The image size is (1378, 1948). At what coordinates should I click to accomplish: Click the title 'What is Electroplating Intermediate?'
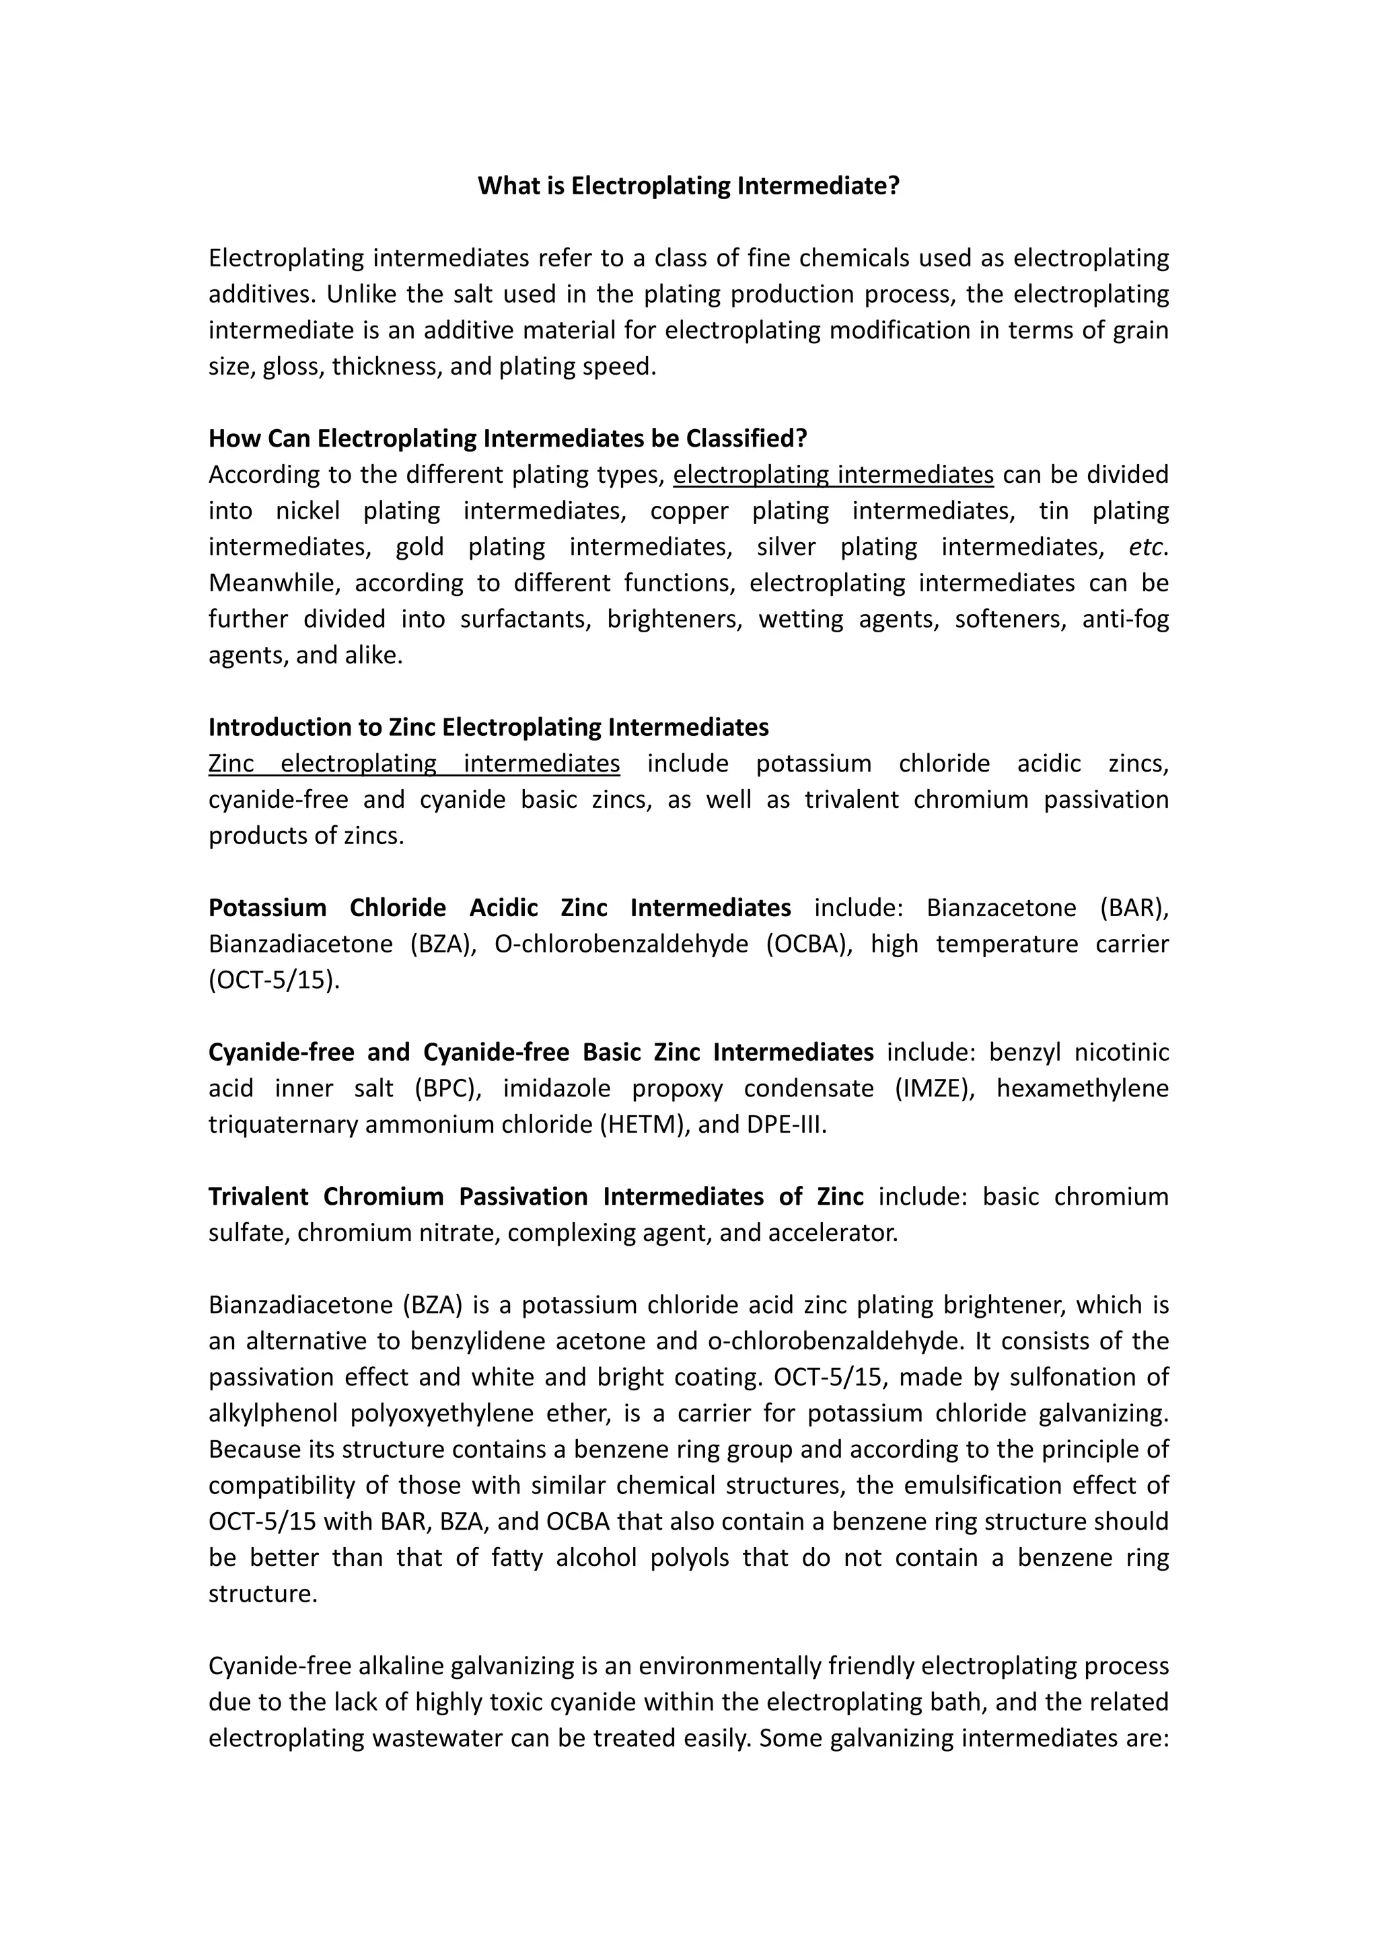pos(688,186)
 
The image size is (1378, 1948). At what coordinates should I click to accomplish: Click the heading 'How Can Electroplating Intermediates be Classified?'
pos(507,439)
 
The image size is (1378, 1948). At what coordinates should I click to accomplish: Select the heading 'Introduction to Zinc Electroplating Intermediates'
pos(488,727)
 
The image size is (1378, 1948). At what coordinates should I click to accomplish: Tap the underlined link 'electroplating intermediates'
pos(833,474)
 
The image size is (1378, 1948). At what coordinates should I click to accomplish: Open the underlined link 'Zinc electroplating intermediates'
pos(414,763)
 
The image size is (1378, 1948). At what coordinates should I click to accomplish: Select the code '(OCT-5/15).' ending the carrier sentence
pos(274,980)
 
